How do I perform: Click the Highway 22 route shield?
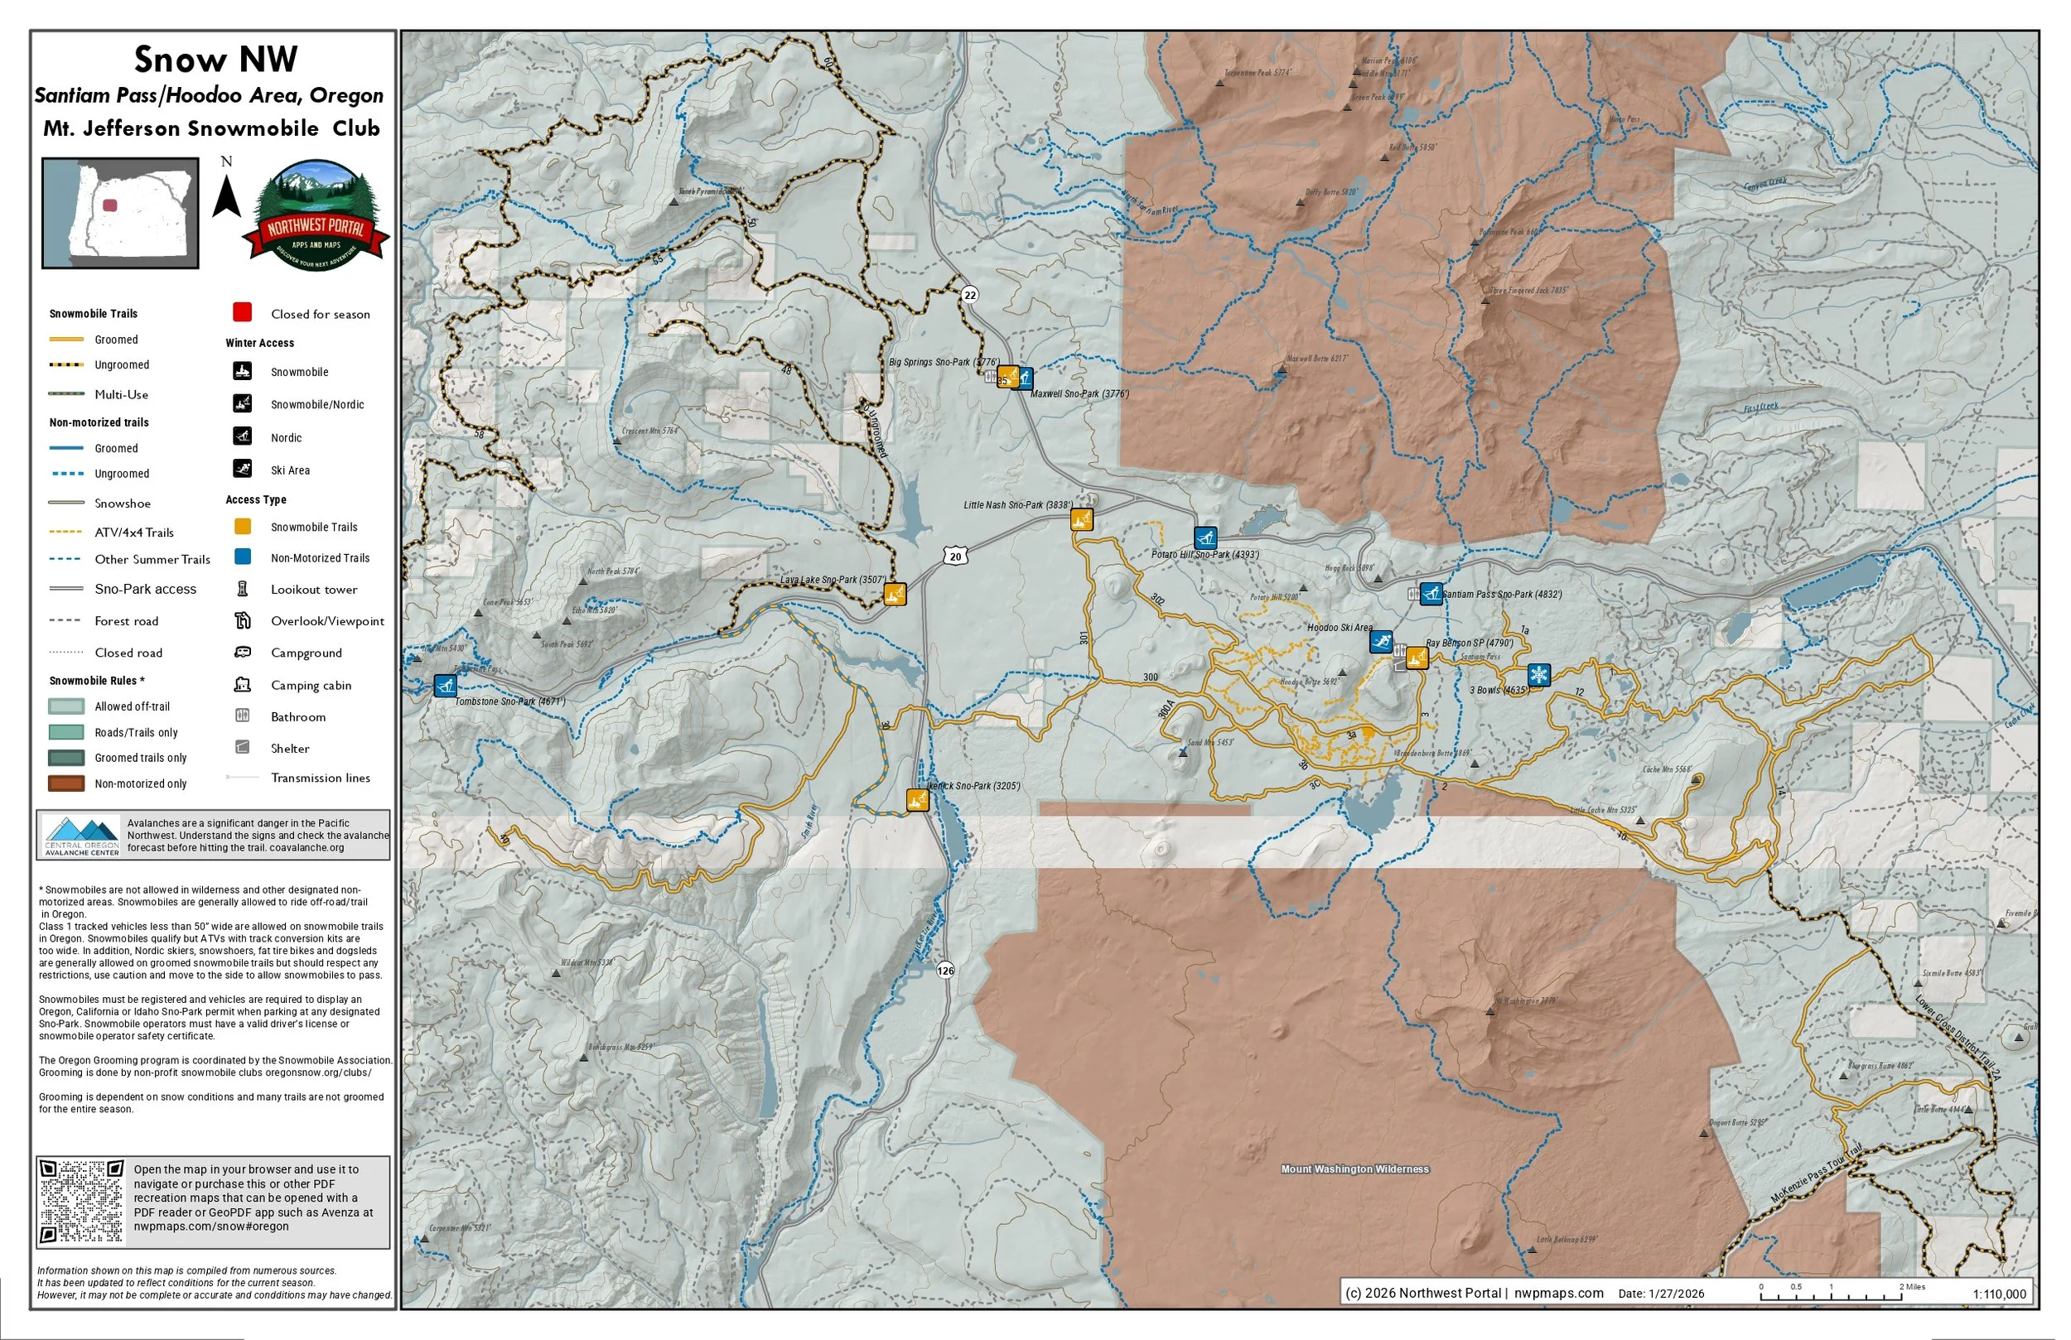969,295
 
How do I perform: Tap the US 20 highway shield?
955,556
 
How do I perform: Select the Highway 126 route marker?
946,970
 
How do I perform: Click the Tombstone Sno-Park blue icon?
445,686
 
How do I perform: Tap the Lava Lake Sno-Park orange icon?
895,595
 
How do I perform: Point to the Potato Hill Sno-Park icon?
1204,537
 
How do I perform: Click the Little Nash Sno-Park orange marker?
1081,519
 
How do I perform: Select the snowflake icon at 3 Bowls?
1538,674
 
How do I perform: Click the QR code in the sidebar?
83,1202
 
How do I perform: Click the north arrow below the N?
226,196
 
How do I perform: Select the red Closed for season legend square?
243,312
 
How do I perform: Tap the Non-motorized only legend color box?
66,783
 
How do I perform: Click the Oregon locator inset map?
120,212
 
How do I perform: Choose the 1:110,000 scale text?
1999,1294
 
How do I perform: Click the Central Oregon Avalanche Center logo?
82,836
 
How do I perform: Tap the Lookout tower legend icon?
243,589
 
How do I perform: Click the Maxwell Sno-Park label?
1079,394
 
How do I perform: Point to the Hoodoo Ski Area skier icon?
1380,642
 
